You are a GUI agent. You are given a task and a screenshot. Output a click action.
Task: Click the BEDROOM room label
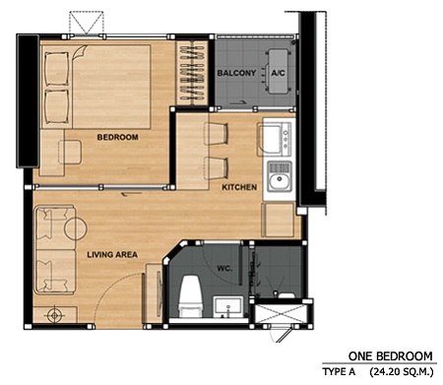(117, 137)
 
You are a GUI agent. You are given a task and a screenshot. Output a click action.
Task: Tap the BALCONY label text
(236, 73)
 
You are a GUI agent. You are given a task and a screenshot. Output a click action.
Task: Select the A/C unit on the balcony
(279, 72)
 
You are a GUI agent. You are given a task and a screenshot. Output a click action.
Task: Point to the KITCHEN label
(239, 187)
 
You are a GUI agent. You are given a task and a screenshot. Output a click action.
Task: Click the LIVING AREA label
(112, 254)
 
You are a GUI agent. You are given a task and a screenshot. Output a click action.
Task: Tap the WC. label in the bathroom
(224, 268)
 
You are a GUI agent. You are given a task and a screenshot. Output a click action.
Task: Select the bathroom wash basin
(228, 307)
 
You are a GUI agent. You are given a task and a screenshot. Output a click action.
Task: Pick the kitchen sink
(280, 176)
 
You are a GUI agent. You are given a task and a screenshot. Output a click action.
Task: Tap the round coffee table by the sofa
(76, 228)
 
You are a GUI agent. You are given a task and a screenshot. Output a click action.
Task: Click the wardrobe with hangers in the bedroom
(192, 73)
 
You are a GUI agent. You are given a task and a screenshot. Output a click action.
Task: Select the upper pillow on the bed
(56, 69)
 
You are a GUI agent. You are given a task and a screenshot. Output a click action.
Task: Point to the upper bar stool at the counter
(216, 134)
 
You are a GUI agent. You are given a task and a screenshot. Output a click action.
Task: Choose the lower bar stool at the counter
(216, 168)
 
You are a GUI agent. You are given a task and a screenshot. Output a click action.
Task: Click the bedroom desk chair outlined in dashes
(70, 152)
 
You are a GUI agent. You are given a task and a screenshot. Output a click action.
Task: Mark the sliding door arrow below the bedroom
(132, 194)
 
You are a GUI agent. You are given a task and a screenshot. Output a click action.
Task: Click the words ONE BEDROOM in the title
(391, 356)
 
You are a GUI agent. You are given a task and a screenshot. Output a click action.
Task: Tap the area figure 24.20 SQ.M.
(402, 372)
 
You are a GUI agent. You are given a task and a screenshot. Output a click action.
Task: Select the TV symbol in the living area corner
(55, 315)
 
